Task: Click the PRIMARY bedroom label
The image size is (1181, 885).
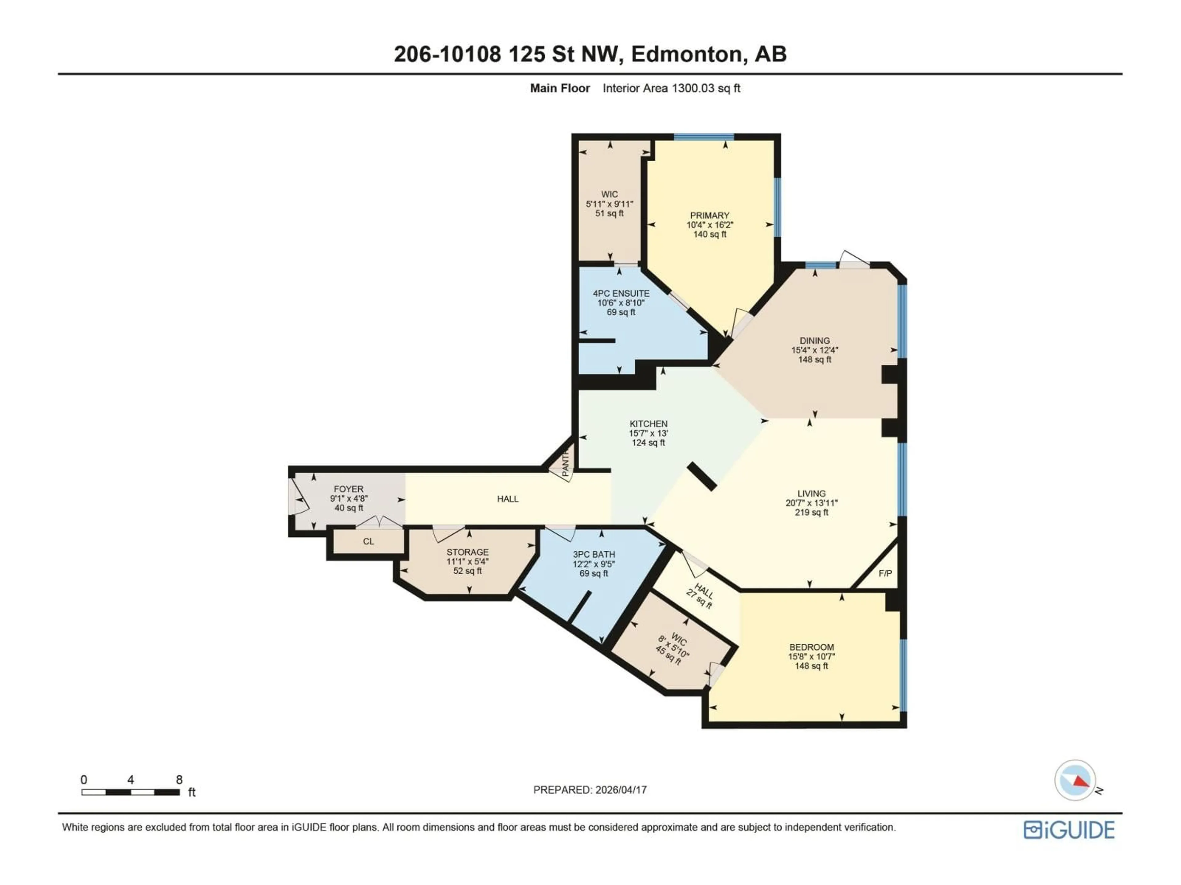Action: click(709, 215)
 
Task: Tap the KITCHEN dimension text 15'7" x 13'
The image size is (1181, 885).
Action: click(648, 433)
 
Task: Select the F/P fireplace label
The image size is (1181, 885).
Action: click(885, 573)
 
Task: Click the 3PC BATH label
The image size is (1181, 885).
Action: click(594, 554)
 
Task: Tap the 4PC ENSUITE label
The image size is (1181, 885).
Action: click(621, 293)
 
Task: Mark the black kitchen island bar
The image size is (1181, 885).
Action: click(702, 476)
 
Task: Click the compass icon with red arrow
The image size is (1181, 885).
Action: click(1075, 781)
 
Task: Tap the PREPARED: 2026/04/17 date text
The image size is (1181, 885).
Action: click(590, 790)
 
